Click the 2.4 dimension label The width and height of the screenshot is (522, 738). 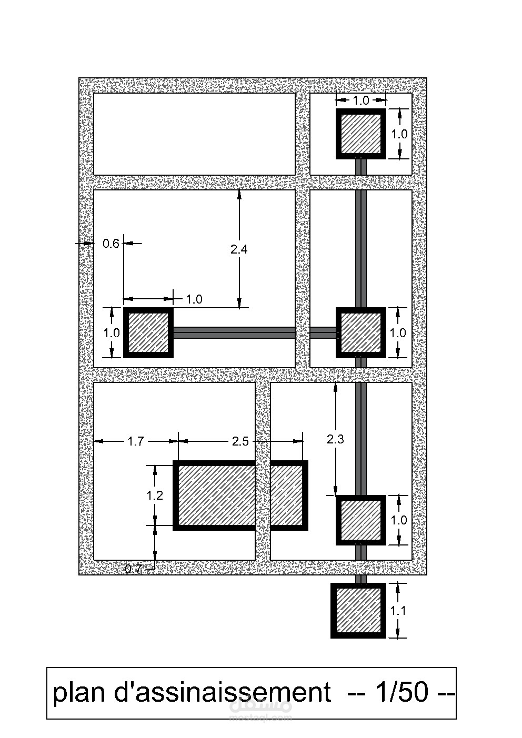(239, 249)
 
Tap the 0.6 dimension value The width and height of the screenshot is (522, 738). (111, 244)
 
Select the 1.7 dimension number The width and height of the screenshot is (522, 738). (136, 441)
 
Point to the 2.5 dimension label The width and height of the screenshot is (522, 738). (240, 441)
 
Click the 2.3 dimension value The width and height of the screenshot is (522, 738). (335, 439)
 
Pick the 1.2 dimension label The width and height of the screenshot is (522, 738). (155, 495)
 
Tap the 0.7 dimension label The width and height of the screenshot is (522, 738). (134, 569)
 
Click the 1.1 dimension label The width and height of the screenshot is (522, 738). (398, 611)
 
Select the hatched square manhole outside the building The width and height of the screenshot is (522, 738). (358, 611)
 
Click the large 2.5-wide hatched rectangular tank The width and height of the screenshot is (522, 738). (240, 495)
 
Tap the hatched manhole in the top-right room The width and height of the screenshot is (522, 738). (361, 134)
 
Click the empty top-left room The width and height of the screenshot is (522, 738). (194, 134)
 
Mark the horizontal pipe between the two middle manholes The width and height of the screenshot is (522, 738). (254, 332)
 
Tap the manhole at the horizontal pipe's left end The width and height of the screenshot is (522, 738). (148, 332)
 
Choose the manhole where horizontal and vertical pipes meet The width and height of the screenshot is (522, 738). (361, 332)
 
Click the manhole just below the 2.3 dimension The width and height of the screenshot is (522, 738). (361, 520)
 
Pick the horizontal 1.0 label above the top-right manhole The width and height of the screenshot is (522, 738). (361, 100)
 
